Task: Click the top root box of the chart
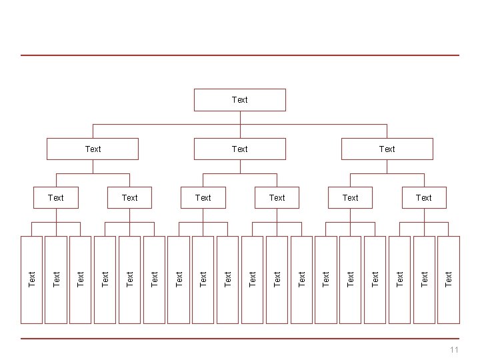pyautogui.click(x=239, y=100)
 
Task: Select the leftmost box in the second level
pyautogui.click(x=93, y=149)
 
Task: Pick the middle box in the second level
pyautogui.click(x=239, y=149)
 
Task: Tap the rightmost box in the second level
pyautogui.click(x=387, y=149)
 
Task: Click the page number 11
pyautogui.click(x=454, y=350)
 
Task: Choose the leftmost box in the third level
pyautogui.click(x=56, y=197)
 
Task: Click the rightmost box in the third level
pyautogui.click(x=423, y=197)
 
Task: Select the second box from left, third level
pyautogui.click(x=129, y=197)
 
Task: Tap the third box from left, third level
pyautogui.click(x=203, y=197)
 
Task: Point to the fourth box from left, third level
pyautogui.click(x=277, y=197)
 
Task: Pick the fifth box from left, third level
pyautogui.click(x=350, y=197)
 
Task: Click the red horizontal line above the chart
pyautogui.click(x=240, y=55)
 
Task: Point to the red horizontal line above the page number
pyautogui.click(x=240, y=339)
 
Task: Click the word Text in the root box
pyautogui.click(x=239, y=99)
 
